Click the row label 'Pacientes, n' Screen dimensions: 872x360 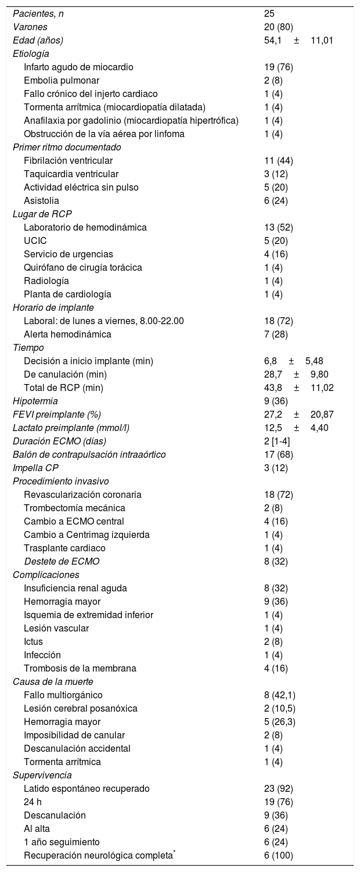tap(38, 13)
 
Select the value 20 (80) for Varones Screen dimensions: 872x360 tap(278, 26)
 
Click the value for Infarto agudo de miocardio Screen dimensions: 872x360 tap(278, 67)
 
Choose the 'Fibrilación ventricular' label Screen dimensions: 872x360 tap(68, 160)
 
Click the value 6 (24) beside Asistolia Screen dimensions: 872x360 tap(276, 200)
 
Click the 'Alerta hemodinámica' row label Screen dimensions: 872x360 tap(67, 334)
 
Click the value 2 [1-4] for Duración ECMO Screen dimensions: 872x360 tap(276, 441)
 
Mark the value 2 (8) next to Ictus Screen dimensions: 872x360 tap(273, 641)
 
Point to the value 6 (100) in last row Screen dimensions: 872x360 tap(278, 855)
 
